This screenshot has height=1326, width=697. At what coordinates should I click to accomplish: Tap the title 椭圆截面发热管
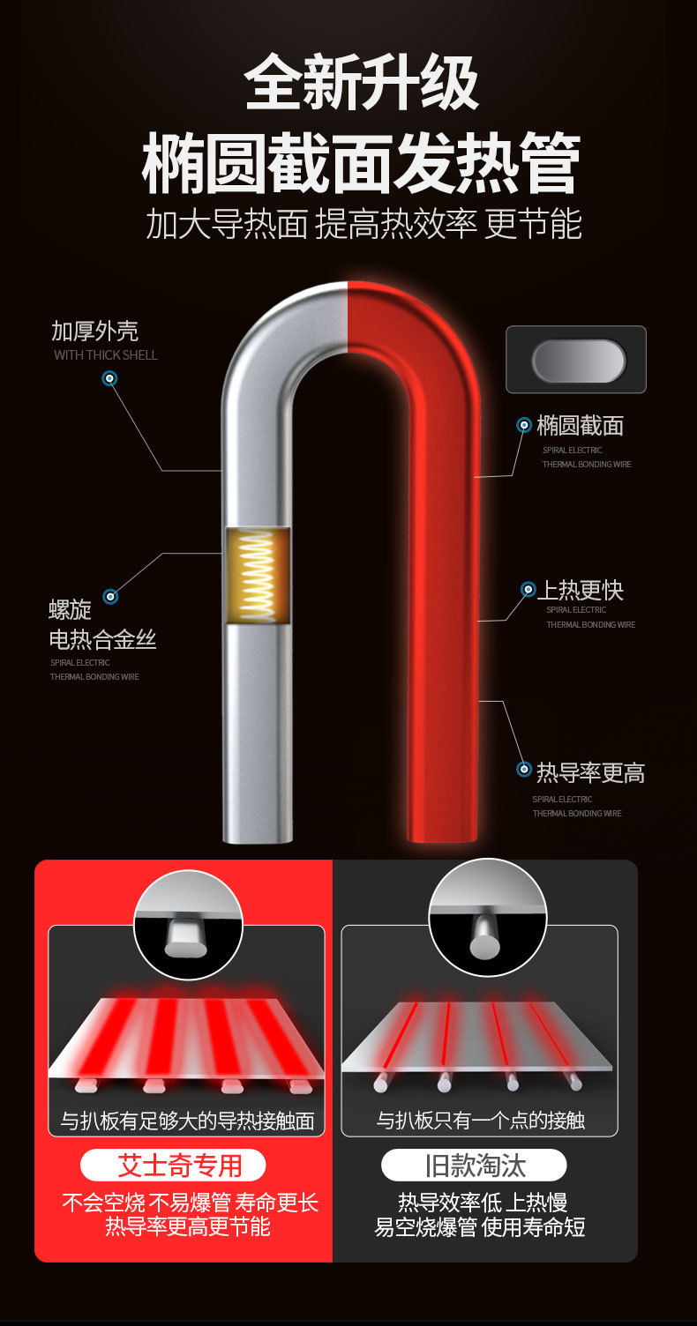click(x=362, y=163)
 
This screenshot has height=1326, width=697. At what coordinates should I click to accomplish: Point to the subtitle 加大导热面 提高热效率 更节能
click(x=363, y=225)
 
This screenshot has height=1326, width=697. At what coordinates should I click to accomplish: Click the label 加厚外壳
click(x=94, y=331)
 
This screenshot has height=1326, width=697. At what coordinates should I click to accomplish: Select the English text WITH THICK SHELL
click(x=106, y=355)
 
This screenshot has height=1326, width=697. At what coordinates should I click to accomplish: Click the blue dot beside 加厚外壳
click(x=109, y=379)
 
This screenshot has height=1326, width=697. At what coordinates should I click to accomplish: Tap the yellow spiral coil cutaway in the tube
click(x=257, y=576)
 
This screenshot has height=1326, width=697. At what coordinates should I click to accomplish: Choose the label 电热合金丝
click(x=102, y=640)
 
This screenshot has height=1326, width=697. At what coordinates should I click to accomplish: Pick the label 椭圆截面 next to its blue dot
click(x=580, y=426)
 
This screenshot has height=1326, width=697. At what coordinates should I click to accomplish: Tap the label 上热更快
click(x=581, y=590)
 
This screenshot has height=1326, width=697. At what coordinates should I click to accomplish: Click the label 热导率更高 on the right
click(x=590, y=773)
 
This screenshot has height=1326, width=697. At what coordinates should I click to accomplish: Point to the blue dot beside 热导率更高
click(x=524, y=770)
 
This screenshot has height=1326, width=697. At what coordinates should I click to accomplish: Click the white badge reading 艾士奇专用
click(x=173, y=1166)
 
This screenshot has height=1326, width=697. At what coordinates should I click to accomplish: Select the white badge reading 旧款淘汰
click(x=475, y=1166)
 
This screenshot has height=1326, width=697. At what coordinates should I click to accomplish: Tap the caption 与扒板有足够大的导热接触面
click(x=187, y=1121)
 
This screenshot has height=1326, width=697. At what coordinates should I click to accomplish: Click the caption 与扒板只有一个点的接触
click(x=481, y=1121)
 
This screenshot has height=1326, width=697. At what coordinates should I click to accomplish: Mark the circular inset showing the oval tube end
click(x=187, y=925)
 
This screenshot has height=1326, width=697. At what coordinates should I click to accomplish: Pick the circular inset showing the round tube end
click(x=487, y=918)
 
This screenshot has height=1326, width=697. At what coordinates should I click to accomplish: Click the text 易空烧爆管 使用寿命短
click(x=480, y=1226)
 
